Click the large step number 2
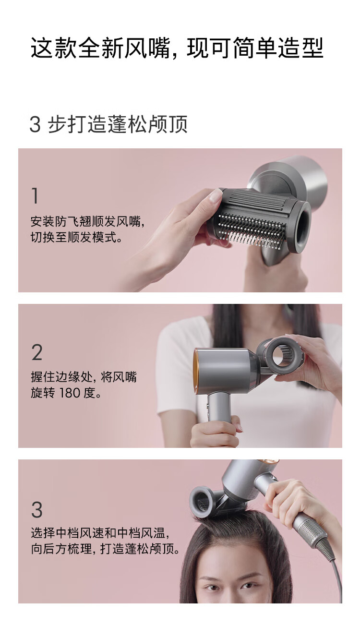37,352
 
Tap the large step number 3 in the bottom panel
37,509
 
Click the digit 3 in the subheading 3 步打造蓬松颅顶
35,124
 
